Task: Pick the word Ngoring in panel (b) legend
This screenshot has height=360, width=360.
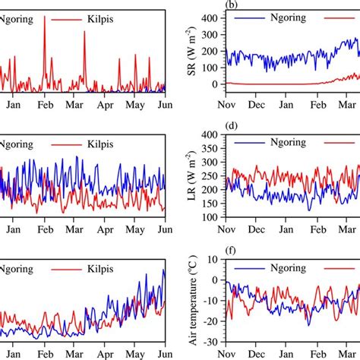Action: pos(286,14)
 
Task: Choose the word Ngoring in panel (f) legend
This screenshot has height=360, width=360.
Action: pos(286,268)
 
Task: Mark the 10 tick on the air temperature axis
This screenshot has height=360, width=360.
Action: pos(212,260)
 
